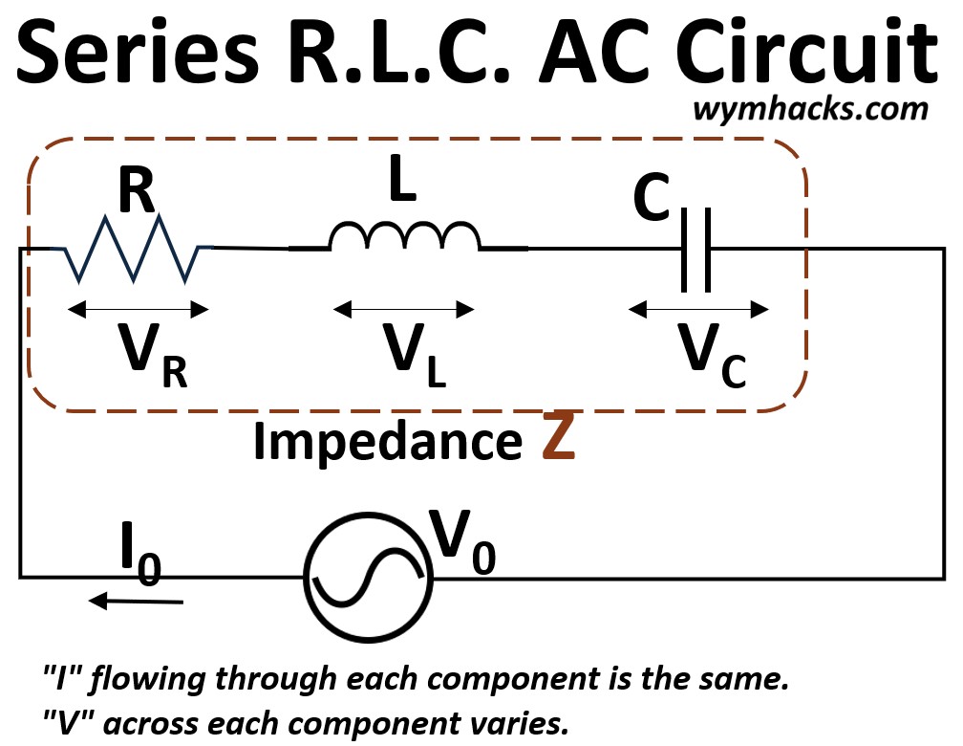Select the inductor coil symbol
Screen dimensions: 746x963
pos(403,237)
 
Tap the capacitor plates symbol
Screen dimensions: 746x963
pos(695,251)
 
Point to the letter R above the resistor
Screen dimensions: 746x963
pos(136,191)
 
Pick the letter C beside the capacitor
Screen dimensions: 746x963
pos(652,200)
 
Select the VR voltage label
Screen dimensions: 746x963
pos(148,356)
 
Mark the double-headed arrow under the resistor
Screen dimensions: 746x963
pos(139,309)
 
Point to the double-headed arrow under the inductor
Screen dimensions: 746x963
pos(404,309)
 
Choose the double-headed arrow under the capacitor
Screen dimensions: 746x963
pos(698,309)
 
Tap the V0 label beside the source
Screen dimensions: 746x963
pos(462,539)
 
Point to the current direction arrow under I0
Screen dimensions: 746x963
pos(135,601)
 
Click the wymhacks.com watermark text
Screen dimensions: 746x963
pos(809,108)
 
